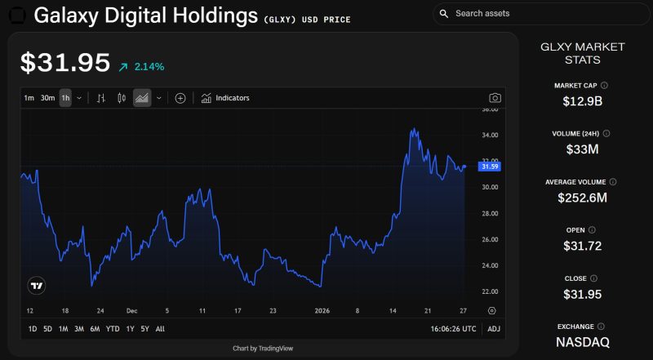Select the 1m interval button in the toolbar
pyautogui.click(x=29, y=98)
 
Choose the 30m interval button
pyautogui.click(x=47, y=98)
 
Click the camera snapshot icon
pyautogui.click(x=495, y=98)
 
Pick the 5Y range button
pyautogui.click(x=144, y=329)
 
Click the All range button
pyautogui.click(x=160, y=329)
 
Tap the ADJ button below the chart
pyautogui.click(x=494, y=329)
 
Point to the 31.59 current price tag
pyautogui.click(x=490, y=167)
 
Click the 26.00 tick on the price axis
pyautogui.click(x=490, y=239)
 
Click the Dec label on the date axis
pyautogui.click(x=132, y=311)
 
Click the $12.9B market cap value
pyautogui.click(x=582, y=102)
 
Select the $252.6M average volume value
pyautogui.click(x=582, y=198)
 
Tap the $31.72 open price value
pyautogui.click(x=582, y=246)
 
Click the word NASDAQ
pyautogui.click(x=582, y=342)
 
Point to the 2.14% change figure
pyautogui.click(x=150, y=66)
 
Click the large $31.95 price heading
pyautogui.click(x=64, y=63)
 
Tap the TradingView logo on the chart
pyautogui.click(x=37, y=286)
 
